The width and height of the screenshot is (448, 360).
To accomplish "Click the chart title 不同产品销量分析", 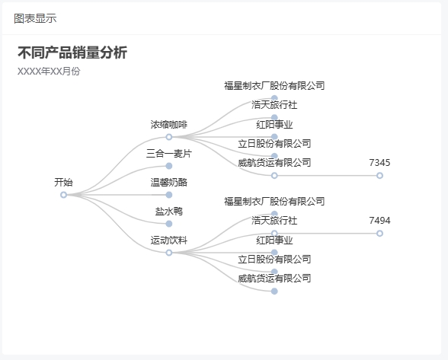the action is [72, 53].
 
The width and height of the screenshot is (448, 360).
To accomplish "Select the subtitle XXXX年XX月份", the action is [49, 72].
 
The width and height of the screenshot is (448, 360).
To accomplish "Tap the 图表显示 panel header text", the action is [35, 18].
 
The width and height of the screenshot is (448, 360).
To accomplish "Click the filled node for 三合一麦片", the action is [169, 166].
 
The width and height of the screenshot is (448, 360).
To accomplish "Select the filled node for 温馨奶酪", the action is [169, 195].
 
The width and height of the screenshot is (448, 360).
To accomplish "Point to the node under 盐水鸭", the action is [169, 224].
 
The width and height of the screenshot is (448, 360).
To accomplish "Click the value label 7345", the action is [379, 163].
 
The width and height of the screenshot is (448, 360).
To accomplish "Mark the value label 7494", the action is [379, 221].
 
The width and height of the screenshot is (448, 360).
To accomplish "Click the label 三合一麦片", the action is [169, 154].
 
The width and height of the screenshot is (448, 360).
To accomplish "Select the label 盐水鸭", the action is [169, 212].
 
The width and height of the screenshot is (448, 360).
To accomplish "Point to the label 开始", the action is [63, 183].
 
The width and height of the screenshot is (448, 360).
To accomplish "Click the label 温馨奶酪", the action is [169, 183].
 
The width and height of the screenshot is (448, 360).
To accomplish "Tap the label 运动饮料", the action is [169, 241].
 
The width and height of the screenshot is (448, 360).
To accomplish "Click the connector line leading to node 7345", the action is [327, 176].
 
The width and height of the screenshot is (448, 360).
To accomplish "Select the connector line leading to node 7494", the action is [327, 234].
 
